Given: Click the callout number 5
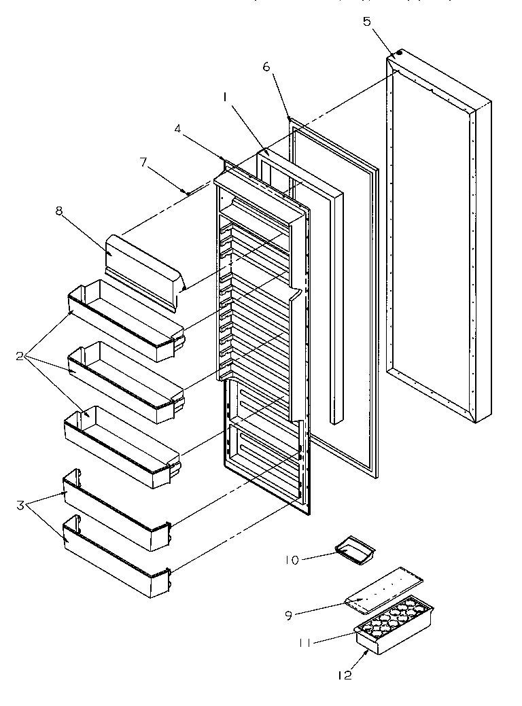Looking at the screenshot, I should pyautogui.click(x=367, y=21).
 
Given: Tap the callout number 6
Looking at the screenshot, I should pyautogui.click(x=266, y=67).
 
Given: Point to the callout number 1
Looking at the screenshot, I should pyautogui.click(x=224, y=98).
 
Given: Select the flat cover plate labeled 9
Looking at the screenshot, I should pyautogui.click(x=385, y=586).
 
